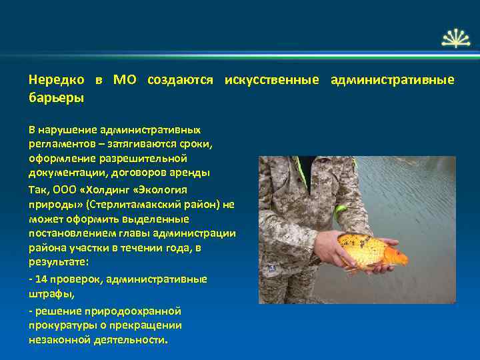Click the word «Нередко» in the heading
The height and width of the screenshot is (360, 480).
tap(56, 80)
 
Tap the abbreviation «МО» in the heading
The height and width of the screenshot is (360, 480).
tap(125, 80)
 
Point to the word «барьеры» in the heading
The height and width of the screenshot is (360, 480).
tap(56, 98)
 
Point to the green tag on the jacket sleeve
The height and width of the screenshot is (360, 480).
tap(341, 213)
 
